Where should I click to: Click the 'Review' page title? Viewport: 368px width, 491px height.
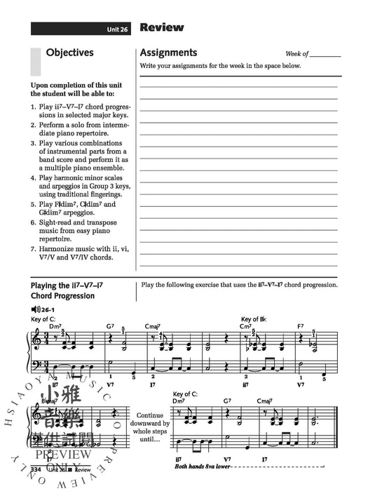point(161,28)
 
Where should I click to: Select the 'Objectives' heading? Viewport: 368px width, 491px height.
point(69,52)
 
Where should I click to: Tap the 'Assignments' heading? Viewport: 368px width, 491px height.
point(168,53)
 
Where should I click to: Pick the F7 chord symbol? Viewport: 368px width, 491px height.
point(301,326)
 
